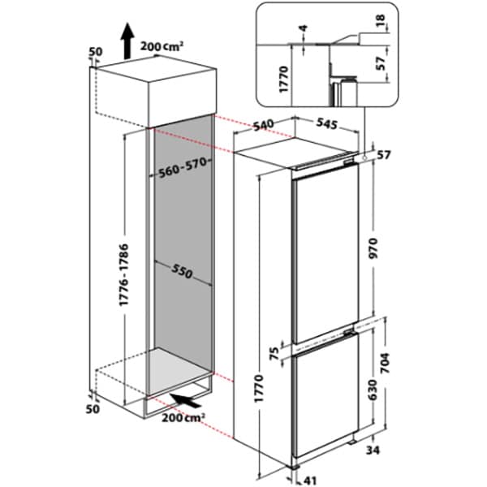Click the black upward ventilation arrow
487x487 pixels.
(x=127, y=41)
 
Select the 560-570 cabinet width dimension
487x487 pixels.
(x=180, y=169)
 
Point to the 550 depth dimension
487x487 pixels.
(x=181, y=272)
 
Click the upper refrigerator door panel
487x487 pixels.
(x=325, y=248)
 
